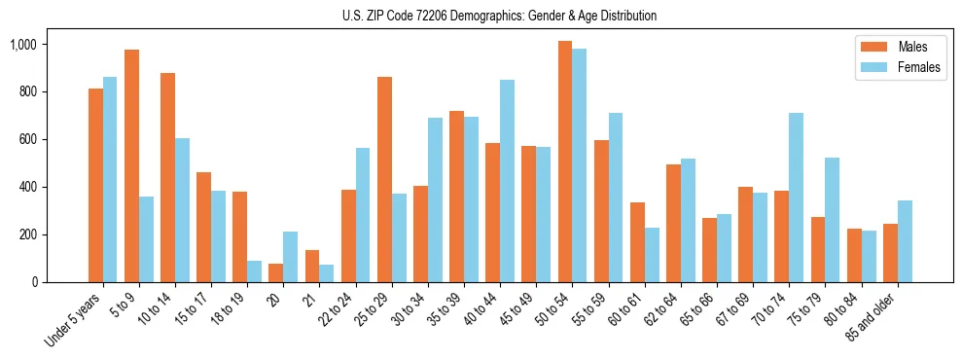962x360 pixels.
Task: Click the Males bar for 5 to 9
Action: pos(131,165)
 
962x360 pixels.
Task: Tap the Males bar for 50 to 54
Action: pos(565,162)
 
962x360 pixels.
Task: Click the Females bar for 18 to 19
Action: pos(254,271)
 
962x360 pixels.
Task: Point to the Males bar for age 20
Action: pos(276,272)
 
